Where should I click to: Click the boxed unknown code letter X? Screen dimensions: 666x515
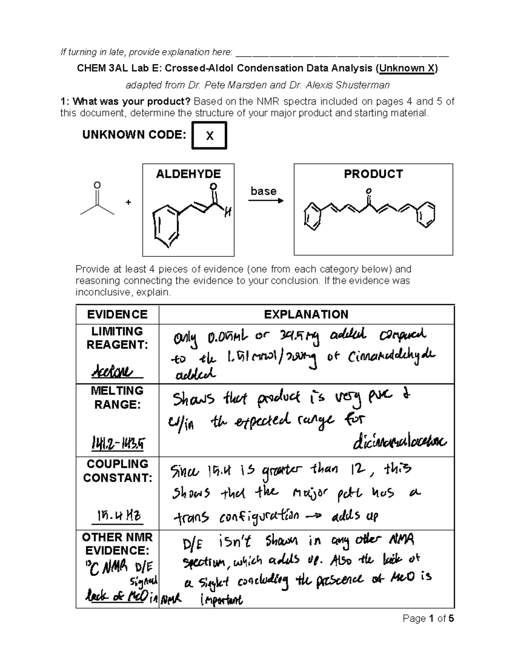pos(209,136)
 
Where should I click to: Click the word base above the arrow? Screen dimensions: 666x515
pos(263,191)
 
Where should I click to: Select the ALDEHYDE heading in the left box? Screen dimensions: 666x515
pos(188,174)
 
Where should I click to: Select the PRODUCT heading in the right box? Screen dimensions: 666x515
pos(373,174)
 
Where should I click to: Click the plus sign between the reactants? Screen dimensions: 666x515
pos(128,202)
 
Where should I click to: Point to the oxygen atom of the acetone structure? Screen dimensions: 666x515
pos(97,185)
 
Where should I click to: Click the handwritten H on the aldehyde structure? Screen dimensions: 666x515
pos(227,211)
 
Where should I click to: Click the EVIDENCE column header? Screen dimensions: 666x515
pos(117,314)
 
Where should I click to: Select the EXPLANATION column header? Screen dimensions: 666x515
pos(306,314)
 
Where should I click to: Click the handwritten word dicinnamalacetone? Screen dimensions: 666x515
pos(399,442)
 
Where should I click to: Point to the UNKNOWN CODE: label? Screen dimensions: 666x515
pos(134,135)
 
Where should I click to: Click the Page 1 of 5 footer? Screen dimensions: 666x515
pos(428,618)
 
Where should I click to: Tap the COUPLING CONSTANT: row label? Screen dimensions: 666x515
pos(117,470)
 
